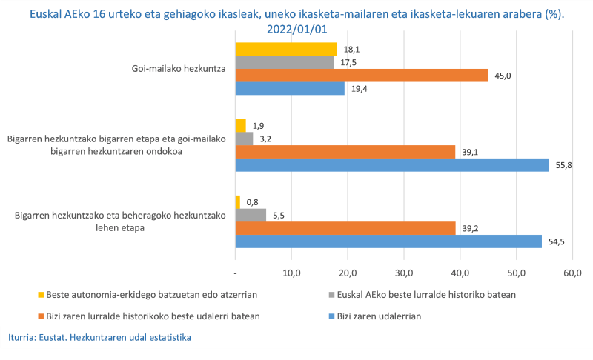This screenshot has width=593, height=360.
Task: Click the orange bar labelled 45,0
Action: (362, 76)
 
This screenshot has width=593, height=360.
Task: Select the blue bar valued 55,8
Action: (392, 164)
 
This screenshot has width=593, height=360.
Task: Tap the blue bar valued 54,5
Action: (388, 241)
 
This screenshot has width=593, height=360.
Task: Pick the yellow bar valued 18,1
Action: (286, 49)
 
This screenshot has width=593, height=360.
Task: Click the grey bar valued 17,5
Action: (284, 62)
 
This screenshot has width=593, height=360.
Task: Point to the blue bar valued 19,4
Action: (290, 88)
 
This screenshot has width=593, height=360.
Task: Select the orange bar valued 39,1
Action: (345, 151)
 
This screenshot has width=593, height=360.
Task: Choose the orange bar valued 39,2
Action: (345, 228)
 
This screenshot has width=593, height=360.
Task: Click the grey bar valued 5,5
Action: (251, 215)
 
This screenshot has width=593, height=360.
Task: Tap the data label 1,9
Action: (259, 125)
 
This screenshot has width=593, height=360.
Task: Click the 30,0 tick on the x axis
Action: (403, 274)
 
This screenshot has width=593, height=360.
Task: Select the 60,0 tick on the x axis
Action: (572, 274)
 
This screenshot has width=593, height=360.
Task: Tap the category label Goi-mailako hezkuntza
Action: (176, 70)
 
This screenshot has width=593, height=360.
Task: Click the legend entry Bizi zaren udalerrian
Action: (379, 316)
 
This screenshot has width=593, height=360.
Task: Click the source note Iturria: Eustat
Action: (100, 338)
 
